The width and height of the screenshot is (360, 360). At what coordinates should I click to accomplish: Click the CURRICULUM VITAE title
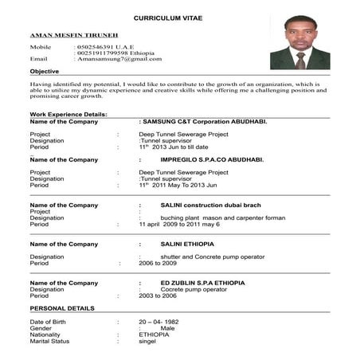(x=168, y=17)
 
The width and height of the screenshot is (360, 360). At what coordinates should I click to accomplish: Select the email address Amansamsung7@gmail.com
(x=118, y=59)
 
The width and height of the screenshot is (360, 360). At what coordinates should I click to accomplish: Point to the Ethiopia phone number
(x=112, y=53)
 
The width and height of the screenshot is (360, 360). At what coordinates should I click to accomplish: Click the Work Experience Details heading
(x=68, y=115)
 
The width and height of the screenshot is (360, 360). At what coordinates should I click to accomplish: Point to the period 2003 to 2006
(x=158, y=295)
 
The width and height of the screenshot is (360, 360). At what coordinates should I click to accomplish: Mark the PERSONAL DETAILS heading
(x=62, y=307)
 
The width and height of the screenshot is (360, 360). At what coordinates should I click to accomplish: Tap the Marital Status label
(x=49, y=341)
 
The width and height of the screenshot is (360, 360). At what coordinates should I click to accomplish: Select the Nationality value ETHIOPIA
(x=154, y=335)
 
